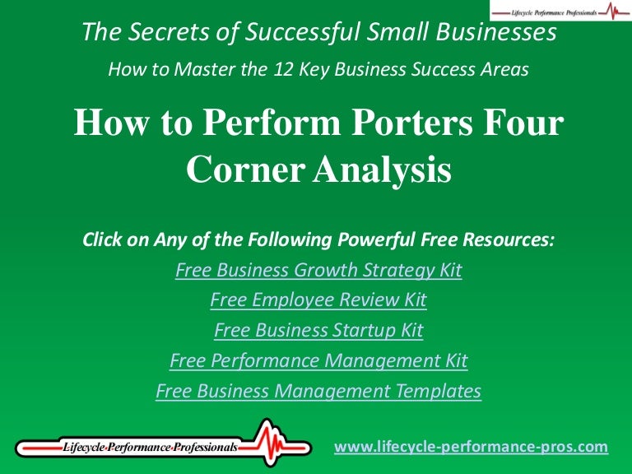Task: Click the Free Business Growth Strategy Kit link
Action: pos(318,271)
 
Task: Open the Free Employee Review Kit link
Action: pos(318,300)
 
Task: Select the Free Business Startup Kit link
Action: pos(318,331)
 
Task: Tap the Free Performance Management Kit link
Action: pos(318,360)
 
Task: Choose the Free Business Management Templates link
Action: pos(318,391)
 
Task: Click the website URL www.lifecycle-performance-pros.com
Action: pos(471,447)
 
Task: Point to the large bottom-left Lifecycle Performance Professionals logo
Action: pos(156,447)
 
